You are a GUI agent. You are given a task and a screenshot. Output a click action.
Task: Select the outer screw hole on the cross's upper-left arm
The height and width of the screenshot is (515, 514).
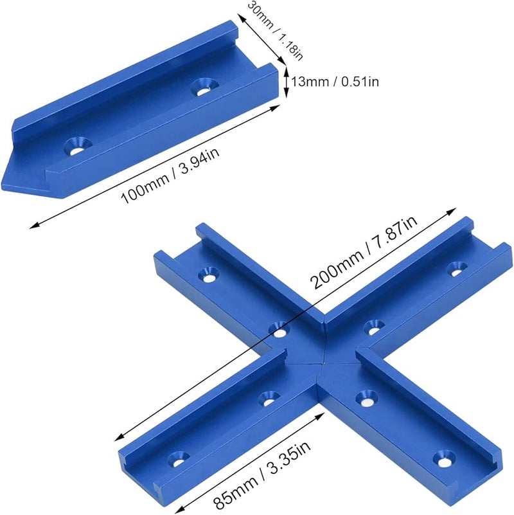coord(208,276)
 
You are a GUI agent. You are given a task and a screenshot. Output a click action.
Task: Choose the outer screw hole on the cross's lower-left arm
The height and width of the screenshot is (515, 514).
coord(175,460)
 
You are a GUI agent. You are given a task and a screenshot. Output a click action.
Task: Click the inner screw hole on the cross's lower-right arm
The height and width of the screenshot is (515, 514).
coord(365,398)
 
